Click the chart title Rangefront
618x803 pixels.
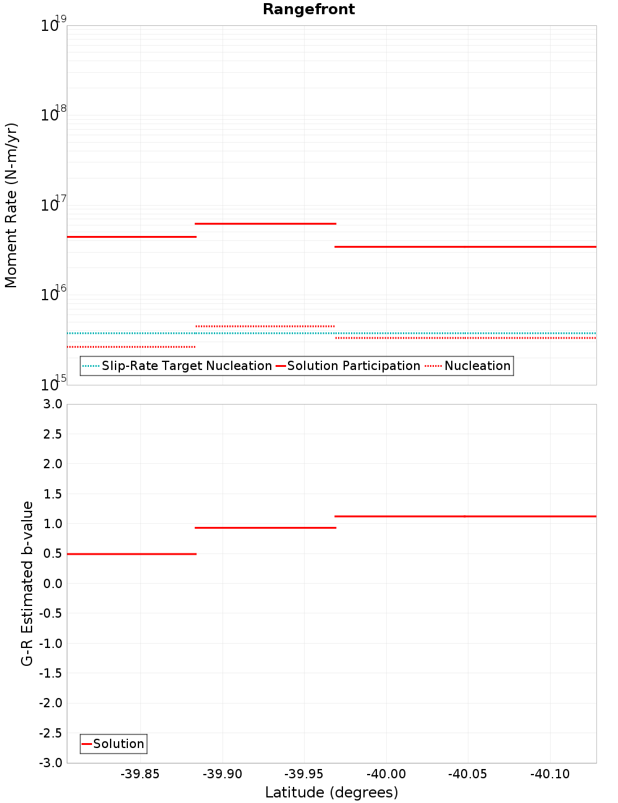[308, 9]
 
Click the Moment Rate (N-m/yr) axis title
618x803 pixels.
[11, 205]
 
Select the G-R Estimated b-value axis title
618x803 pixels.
[27, 583]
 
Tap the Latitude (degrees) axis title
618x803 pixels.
[331, 792]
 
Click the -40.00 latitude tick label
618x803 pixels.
[386, 775]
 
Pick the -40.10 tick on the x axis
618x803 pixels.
[549, 775]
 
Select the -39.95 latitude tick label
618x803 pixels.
[303, 775]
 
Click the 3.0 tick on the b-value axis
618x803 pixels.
[52, 404]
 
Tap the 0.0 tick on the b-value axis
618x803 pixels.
[52, 584]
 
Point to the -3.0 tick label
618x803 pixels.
[50, 763]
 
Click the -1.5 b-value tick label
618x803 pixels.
[50, 673]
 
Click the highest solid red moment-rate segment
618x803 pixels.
[265, 224]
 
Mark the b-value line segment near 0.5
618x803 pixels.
[131, 554]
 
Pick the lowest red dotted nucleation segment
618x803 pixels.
[131, 347]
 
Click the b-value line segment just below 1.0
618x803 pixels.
[265, 528]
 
